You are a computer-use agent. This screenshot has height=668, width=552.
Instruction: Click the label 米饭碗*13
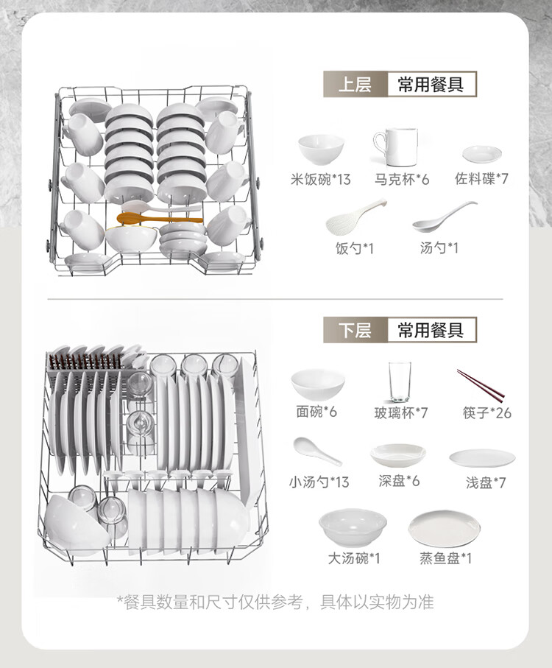coord(320,180)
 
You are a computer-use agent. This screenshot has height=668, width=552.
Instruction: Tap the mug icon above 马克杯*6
coord(395,147)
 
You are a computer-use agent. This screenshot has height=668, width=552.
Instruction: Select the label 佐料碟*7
coord(481,179)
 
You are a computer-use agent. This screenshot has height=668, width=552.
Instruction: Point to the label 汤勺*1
coord(439,248)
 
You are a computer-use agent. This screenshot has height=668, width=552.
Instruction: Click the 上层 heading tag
coord(355,85)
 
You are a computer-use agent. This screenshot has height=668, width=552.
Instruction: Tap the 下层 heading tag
coord(355,330)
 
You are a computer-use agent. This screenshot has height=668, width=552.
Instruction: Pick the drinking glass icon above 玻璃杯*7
coord(400,382)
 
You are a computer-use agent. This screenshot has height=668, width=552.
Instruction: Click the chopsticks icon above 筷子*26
coord(481,384)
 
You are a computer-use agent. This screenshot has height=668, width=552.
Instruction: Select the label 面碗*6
coord(316,412)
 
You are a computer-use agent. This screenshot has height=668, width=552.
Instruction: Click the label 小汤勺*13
coord(319,482)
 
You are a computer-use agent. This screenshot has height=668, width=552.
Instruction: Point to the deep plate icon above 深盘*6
coord(398,455)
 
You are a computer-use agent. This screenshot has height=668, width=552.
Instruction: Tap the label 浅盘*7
coord(486,482)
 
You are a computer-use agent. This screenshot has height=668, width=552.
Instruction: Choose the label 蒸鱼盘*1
coord(445,558)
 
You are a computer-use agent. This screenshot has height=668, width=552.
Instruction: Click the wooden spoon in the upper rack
coord(160,219)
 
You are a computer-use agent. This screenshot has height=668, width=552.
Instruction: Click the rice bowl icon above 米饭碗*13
coord(322,150)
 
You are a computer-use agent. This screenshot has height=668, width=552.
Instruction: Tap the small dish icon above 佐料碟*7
coord(482,154)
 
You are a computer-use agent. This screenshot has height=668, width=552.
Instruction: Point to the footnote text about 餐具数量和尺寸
coord(275,602)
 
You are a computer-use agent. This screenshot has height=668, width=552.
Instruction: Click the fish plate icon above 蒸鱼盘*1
coord(445,528)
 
